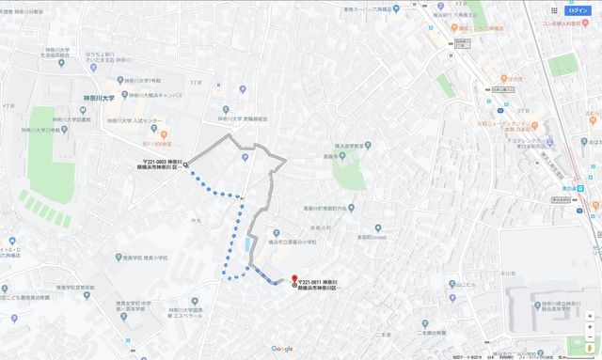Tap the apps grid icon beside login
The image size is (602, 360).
554,10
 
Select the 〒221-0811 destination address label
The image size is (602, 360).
323,286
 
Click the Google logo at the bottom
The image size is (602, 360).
282,349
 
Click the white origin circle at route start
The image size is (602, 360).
185,165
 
